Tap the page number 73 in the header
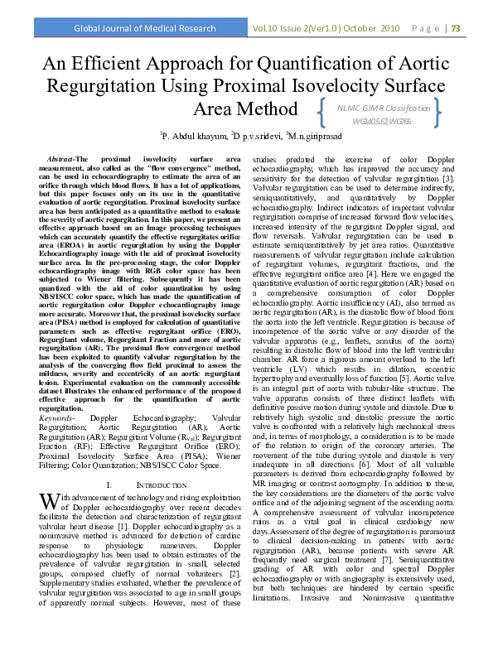tap(478, 28)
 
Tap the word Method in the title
tap(257, 109)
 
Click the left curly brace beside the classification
tap(320, 114)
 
